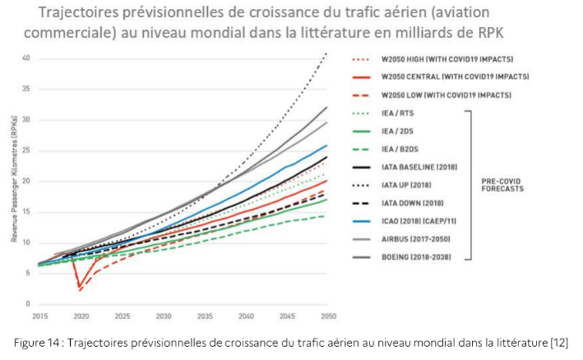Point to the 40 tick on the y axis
coord(26,58)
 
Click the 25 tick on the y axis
coord(26,150)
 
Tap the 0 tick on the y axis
coord(28,303)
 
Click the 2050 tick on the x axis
coord(327,316)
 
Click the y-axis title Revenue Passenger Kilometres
coord(14,181)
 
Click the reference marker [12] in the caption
coord(559,342)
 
